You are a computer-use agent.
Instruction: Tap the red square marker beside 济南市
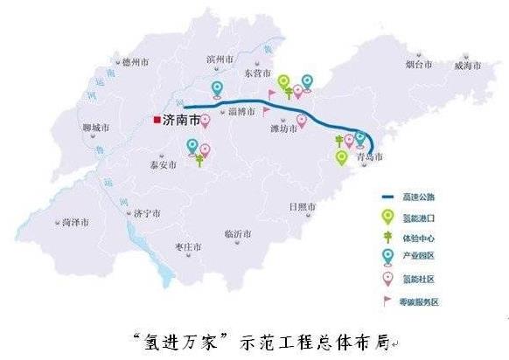[156, 121]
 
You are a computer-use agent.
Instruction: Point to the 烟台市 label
[419, 65]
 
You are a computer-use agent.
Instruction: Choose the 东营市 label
[260, 73]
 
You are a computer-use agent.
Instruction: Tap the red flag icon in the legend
[387, 299]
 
